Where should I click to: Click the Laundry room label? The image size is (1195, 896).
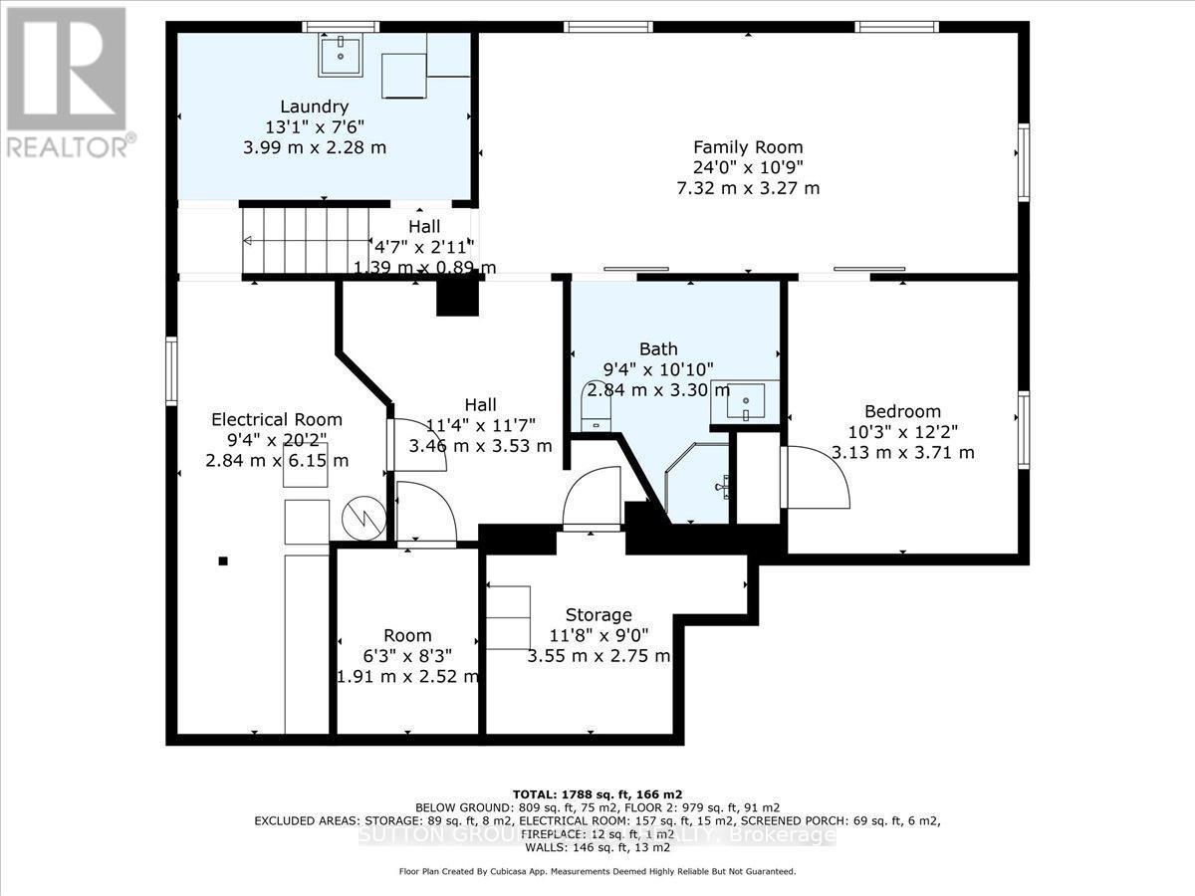[314, 107]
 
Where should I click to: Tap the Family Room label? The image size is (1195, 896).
[748, 147]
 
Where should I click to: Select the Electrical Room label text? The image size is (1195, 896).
[277, 419]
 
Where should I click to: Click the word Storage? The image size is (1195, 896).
[598, 614]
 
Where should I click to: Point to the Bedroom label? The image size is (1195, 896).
[902, 411]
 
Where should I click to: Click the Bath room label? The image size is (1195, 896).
[658, 348]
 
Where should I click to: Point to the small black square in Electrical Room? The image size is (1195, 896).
[224, 560]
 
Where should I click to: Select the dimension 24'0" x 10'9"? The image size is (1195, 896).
[748, 168]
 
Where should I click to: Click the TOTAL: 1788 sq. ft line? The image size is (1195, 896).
[597, 793]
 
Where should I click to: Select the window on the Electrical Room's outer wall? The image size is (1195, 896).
[171, 370]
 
